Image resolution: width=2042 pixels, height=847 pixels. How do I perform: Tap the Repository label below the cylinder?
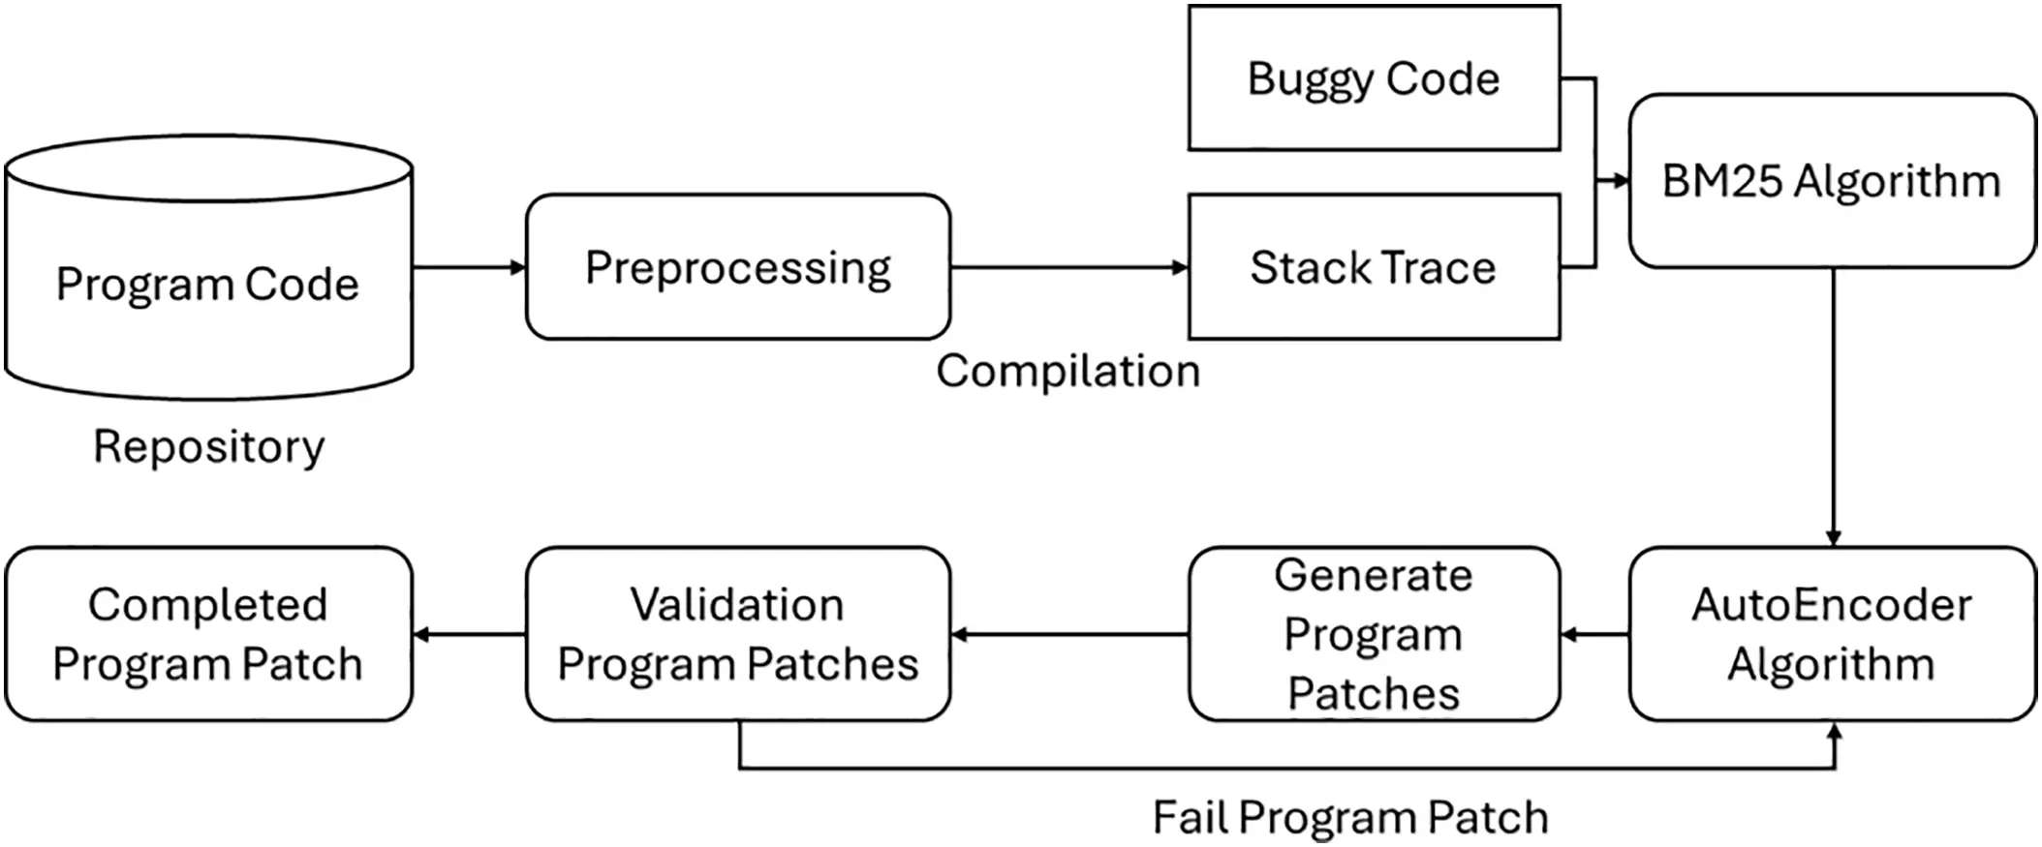tap(208, 447)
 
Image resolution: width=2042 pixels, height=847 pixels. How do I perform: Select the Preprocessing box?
tap(737, 267)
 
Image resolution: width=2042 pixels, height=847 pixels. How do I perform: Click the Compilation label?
tap(1067, 372)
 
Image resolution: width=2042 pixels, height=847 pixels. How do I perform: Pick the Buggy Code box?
tap(1373, 78)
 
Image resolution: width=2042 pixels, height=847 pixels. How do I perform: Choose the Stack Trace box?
tap(1373, 267)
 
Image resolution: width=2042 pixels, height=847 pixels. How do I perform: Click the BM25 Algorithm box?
tap(1831, 181)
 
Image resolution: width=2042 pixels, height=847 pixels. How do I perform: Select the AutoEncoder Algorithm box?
tap(1831, 634)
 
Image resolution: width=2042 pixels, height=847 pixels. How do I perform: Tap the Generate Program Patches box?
tap(1373, 634)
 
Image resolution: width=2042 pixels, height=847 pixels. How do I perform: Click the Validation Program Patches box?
tap(737, 634)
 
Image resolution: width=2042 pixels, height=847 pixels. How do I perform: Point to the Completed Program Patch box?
tap(208, 634)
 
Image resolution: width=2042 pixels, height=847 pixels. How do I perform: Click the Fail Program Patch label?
tap(1349, 818)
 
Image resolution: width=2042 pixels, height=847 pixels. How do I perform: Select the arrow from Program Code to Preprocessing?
tap(469, 267)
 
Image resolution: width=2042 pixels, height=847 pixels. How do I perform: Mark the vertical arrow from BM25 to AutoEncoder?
tap(1833, 407)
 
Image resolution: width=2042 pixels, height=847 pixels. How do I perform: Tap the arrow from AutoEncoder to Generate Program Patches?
tap(1594, 635)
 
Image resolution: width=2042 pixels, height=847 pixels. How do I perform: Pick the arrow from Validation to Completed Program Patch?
tap(469, 635)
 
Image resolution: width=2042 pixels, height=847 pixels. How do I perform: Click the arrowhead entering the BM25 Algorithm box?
tap(1621, 181)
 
